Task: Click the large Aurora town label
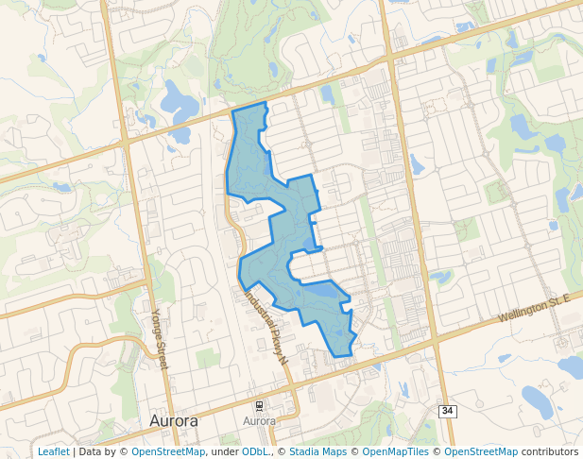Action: (174, 420)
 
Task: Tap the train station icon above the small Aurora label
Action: (260, 405)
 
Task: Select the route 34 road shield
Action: (447, 411)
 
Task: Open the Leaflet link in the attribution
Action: (53, 451)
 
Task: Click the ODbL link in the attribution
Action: (255, 451)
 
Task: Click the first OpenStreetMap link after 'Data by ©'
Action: (168, 451)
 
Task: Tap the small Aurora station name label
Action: (259, 420)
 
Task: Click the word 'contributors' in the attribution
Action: (550, 451)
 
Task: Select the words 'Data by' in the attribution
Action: (98, 451)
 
